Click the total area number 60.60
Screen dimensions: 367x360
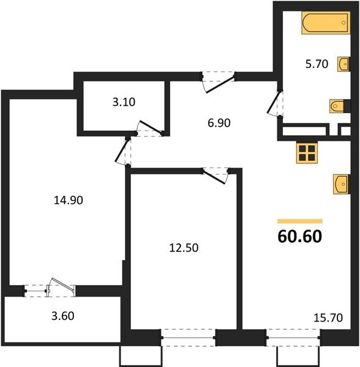pos(299,235)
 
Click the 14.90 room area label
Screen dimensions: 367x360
pos(68,199)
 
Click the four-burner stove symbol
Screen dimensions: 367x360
pos(306,153)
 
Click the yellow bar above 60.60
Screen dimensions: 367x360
pos(299,220)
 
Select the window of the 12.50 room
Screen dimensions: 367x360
pos(188,337)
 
